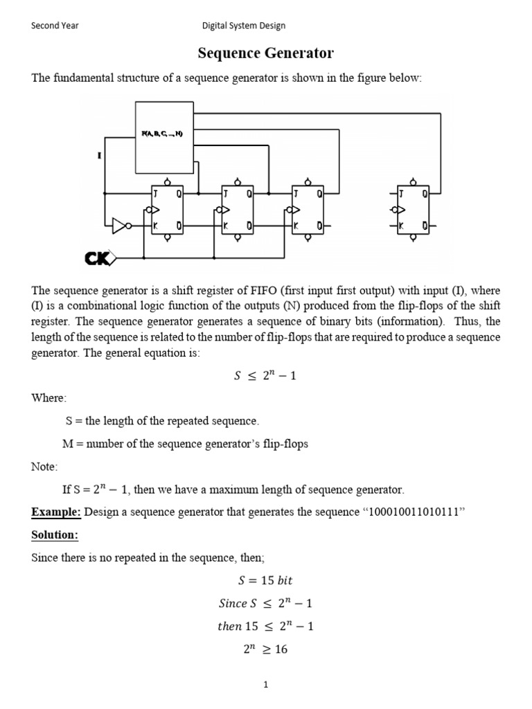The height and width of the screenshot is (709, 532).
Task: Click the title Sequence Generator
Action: [266, 53]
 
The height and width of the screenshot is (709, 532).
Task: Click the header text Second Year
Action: [55, 26]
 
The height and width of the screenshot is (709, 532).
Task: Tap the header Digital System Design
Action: [243, 26]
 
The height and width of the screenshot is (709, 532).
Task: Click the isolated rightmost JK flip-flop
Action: [413, 210]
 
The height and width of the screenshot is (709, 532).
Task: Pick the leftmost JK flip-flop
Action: [167, 210]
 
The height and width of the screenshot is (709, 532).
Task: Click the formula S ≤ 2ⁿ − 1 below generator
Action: [266, 376]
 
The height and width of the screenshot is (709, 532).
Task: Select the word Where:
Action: [49, 397]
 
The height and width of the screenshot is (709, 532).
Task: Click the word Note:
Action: [45, 467]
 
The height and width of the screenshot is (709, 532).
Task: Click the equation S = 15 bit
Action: [266, 580]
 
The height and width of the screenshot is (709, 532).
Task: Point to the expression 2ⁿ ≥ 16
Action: [266, 649]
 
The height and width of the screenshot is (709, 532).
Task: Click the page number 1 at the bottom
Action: [265, 685]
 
